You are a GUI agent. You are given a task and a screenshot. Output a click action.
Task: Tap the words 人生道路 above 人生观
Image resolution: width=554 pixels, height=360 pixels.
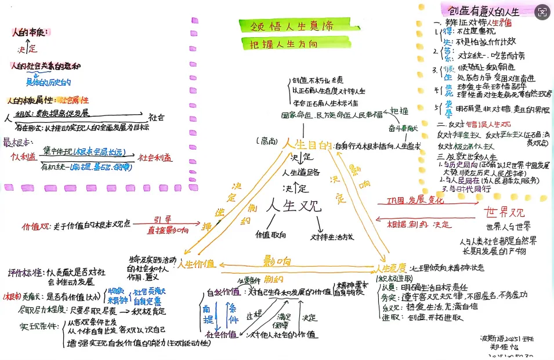(301, 172)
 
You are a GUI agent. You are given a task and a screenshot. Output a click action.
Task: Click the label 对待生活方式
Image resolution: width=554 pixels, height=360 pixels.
(332, 237)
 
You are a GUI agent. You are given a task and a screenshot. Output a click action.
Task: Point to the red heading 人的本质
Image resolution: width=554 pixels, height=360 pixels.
(31, 32)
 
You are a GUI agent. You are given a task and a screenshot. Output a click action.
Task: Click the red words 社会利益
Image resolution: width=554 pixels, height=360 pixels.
(154, 157)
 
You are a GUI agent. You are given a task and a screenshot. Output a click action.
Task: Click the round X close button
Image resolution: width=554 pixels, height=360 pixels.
(542, 11)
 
